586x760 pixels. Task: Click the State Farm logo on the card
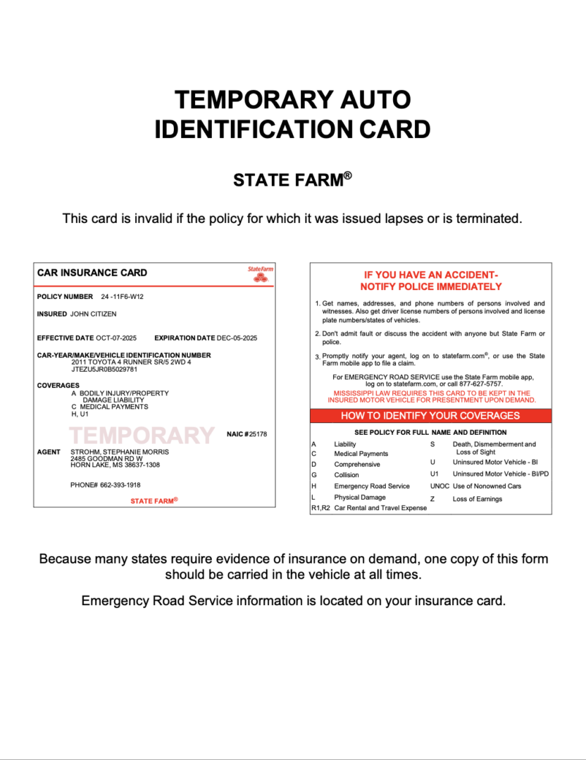(261, 274)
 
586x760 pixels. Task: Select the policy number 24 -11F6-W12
(123, 297)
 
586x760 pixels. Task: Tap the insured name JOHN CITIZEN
(94, 314)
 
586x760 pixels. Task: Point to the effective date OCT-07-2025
(116, 338)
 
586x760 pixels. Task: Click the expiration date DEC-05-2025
(237, 338)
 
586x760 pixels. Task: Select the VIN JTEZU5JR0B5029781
(104, 369)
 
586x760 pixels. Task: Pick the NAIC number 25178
(258, 434)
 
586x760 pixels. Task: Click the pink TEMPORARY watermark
(142, 436)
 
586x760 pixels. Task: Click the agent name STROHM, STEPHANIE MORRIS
(120, 451)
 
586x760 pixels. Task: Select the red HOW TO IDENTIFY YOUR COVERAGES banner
(430, 416)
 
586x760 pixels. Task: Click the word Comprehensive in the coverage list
(356, 464)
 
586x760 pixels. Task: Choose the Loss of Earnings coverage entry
(477, 499)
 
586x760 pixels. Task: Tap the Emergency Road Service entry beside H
(371, 486)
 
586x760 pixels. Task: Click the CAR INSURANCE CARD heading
(92, 273)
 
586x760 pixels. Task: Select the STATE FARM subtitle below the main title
(292, 181)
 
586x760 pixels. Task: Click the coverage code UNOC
(440, 486)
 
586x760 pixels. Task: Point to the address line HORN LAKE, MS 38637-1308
(115, 465)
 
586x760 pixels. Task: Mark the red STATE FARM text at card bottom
(154, 500)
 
